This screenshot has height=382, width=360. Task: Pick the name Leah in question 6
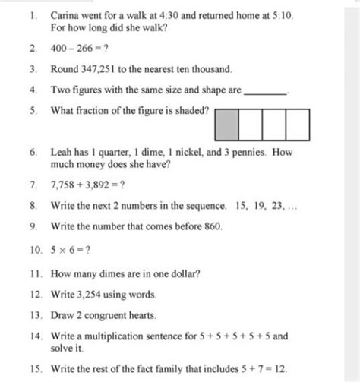pyautogui.click(x=62, y=152)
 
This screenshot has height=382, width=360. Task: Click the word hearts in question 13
pyautogui.click(x=140, y=314)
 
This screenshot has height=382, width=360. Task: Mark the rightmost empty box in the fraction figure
pyautogui.click(x=298, y=123)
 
